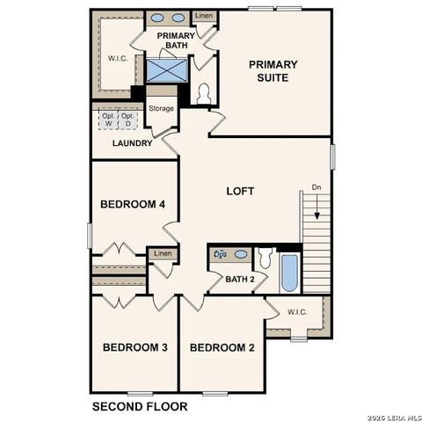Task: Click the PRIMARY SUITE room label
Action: (x=273, y=70)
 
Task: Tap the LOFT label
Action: (x=241, y=191)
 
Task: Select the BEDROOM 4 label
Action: (x=133, y=205)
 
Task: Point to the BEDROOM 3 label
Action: (x=135, y=347)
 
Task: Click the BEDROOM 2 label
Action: (x=222, y=347)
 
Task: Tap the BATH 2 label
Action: (x=239, y=280)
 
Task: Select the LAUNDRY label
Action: (x=133, y=143)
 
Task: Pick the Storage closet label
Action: (x=161, y=109)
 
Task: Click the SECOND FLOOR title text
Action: (x=141, y=407)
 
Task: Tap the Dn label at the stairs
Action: (x=316, y=187)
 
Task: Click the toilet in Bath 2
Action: (x=265, y=258)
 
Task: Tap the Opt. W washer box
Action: (x=109, y=121)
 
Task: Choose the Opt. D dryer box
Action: (x=128, y=121)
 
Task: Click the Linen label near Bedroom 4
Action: (x=163, y=254)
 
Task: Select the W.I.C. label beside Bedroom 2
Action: (x=296, y=310)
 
